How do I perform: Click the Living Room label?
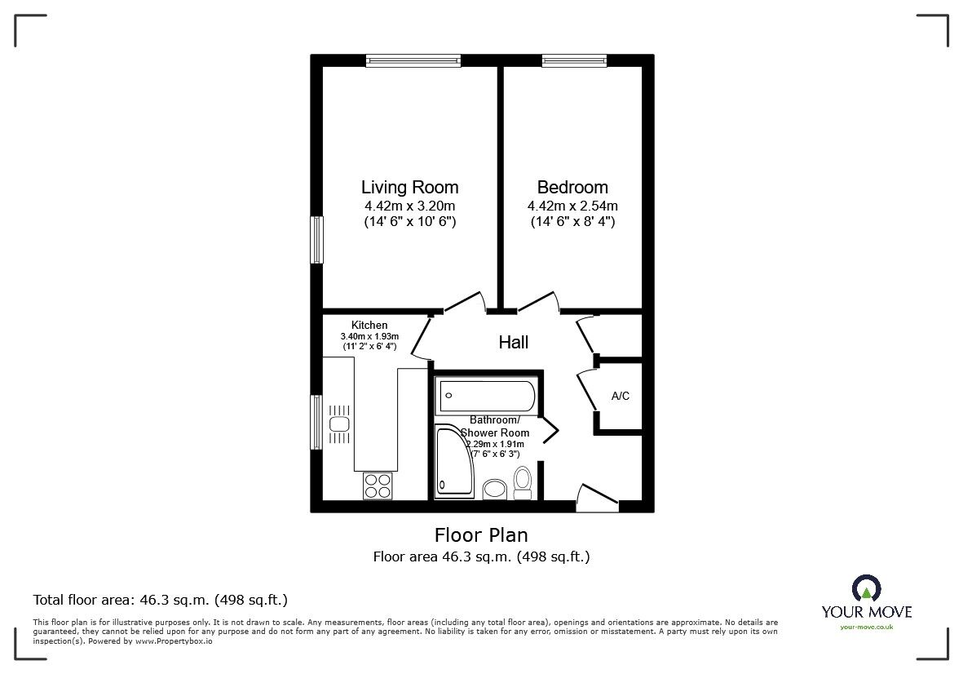(409, 187)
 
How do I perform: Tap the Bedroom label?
(572, 187)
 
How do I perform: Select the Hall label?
(514, 342)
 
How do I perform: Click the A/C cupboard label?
(621, 397)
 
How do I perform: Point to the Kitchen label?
(369, 325)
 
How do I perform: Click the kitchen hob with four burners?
(378, 486)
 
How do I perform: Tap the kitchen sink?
(340, 424)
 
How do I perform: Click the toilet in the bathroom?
(523, 483)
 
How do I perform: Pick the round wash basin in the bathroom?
(494, 490)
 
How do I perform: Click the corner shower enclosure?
(454, 461)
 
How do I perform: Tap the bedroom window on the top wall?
(574, 60)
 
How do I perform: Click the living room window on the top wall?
(413, 60)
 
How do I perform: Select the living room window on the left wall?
(317, 240)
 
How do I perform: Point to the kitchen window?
(317, 422)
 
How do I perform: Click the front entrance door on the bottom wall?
(598, 499)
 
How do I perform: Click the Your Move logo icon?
(867, 588)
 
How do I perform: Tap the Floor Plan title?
(481, 535)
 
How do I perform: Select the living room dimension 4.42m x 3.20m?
(409, 206)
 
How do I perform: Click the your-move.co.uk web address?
(867, 627)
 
